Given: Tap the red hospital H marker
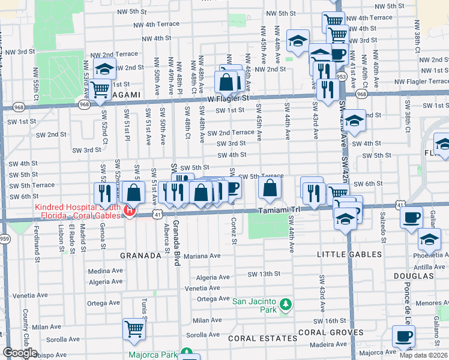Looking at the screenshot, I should (x=128, y=210).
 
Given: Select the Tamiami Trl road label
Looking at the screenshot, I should (x=278, y=211).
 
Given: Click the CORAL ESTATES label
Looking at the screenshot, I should (x=255, y=338).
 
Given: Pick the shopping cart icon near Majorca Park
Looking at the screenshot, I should (x=134, y=328).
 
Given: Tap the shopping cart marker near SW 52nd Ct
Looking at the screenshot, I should (x=100, y=88).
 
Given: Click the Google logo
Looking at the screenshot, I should (x=19, y=353).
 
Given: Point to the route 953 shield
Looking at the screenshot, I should (x=342, y=77).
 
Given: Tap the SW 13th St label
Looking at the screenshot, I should (x=264, y=274).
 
